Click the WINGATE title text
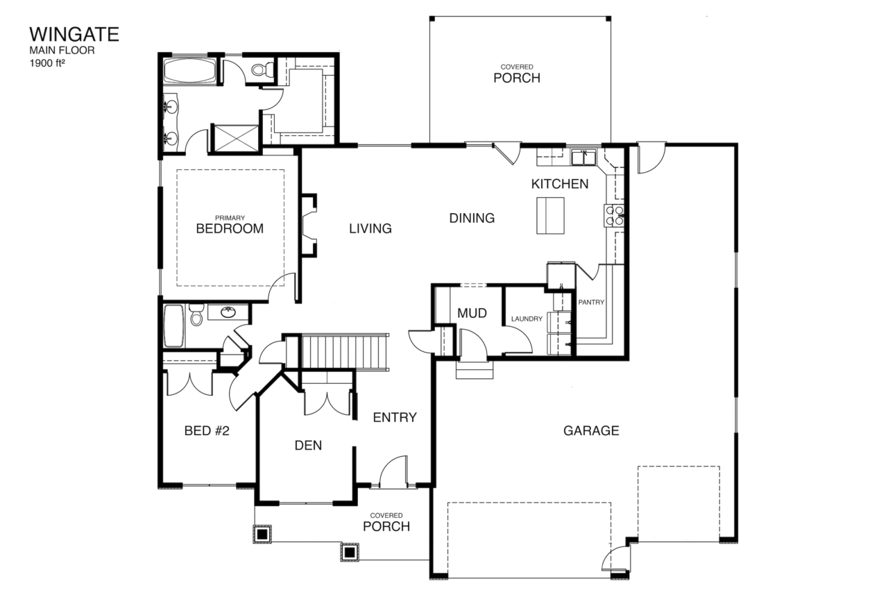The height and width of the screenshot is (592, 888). coord(74,34)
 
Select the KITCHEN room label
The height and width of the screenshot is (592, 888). coord(560,184)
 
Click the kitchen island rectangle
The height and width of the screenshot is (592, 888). coord(551,215)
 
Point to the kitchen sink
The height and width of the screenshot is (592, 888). coord(583,158)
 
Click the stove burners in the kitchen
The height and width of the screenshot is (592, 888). coord(615,216)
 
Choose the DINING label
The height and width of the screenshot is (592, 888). coord(472,218)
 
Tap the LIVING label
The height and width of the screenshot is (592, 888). coord(370,228)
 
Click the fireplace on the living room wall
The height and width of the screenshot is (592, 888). coord(308,226)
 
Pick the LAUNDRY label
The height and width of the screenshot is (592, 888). coord(527,319)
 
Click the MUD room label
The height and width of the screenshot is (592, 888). coord(472,313)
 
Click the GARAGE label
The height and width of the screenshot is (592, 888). coord(591,431)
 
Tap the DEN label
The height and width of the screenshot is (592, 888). coord(308,446)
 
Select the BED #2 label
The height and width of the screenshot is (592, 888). coord(207,431)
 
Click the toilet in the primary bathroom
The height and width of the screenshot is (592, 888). coord(262,69)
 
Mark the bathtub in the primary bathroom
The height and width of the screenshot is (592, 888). coord(189,71)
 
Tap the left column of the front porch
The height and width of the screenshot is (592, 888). coord(262,534)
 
